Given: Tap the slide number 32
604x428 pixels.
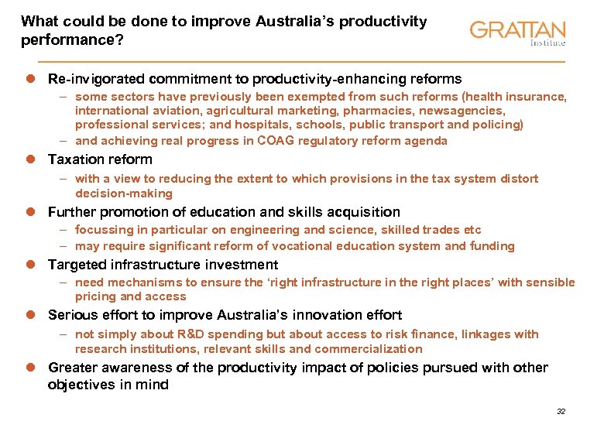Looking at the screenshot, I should [561, 411].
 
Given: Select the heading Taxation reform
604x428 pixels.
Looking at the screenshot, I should [100, 159].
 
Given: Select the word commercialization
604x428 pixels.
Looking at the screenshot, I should [370, 349].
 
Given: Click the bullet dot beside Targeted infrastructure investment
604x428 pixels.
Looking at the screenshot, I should [32, 265].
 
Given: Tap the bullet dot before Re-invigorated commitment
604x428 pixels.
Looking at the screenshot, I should [32, 79].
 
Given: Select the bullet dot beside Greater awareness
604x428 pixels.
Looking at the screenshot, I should [32, 368].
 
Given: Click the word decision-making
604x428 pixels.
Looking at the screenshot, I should [124, 193].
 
